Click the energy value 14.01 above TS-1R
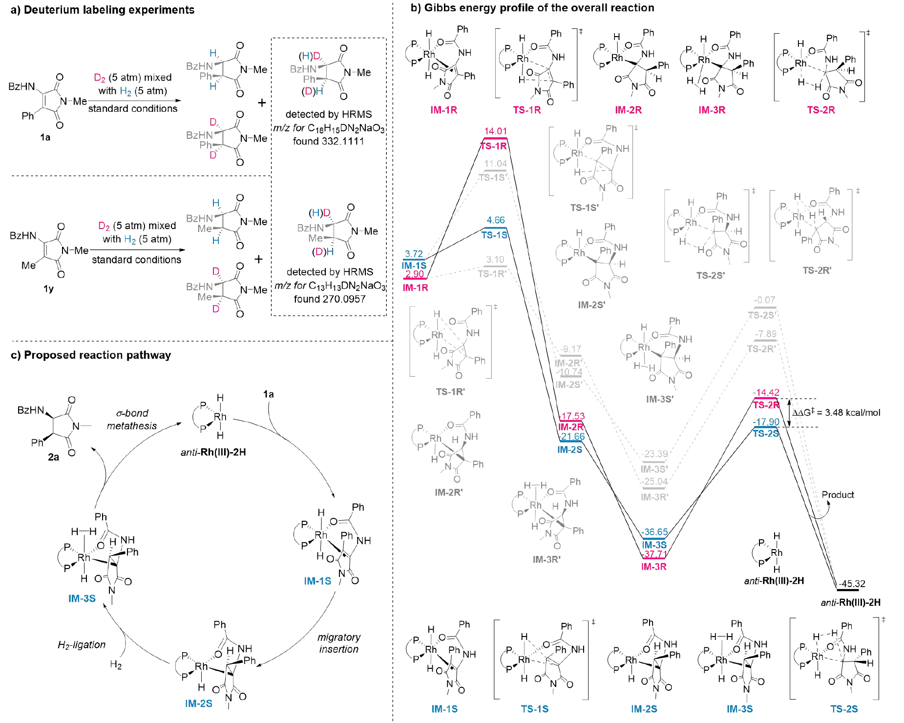click(495, 131)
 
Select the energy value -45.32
click(852, 584)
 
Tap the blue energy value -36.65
click(654, 532)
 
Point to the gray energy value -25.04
click(654, 482)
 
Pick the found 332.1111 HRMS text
click(328, 141)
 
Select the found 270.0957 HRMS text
click(330, 299)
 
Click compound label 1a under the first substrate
click(45, 137)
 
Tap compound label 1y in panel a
click(48, 289)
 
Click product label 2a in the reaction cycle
click(53, 457)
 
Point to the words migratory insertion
click(339, 643)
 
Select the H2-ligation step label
click(82, 645)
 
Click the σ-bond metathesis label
click(132, 420)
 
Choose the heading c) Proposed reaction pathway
click(91, 355)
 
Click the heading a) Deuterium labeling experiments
click(103, 10)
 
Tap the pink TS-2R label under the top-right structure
click(820, 110)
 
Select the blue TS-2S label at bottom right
click(844, 709)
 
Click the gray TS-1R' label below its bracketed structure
click(450, 392)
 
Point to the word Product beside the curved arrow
click(838, 494)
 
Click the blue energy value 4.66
click(495, 220)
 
